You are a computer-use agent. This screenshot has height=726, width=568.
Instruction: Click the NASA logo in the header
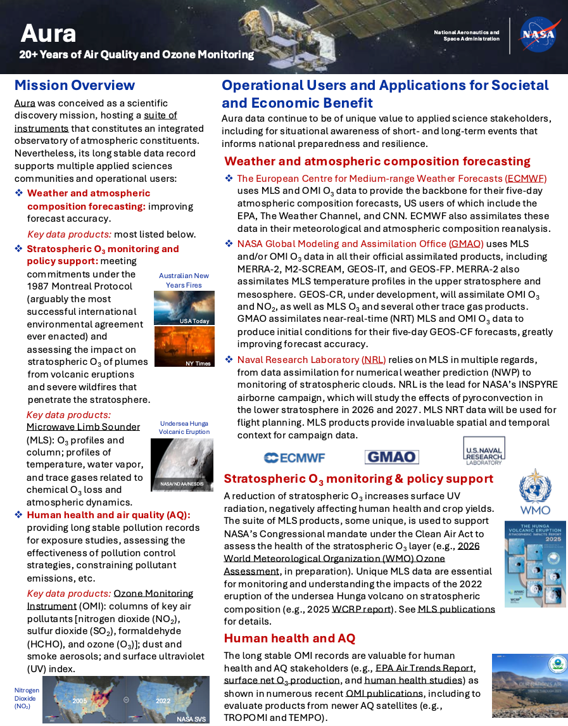point(538,35)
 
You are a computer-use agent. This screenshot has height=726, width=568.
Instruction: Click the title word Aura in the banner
point(48,33)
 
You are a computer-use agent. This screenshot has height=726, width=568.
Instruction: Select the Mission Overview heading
point(75,85)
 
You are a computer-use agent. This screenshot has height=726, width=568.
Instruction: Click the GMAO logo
point(391,457)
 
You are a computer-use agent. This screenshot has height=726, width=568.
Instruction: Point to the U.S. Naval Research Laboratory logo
point(484,450)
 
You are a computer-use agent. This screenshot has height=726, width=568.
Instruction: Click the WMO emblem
point(534,492)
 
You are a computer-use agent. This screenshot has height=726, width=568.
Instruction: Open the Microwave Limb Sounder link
point(83,427)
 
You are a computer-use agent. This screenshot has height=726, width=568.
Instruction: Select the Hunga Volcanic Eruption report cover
point(534,564)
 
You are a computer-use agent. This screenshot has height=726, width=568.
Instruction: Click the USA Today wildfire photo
point(184,308)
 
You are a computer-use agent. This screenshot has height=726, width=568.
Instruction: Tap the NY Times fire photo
point(184,347)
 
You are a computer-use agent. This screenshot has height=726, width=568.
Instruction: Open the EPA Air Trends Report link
point(424,668)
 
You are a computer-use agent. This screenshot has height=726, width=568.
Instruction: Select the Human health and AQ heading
point(289,638)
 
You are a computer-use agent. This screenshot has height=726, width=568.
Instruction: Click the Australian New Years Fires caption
point(184,280)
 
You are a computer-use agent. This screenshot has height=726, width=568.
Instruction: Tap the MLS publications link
point(456,609)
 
